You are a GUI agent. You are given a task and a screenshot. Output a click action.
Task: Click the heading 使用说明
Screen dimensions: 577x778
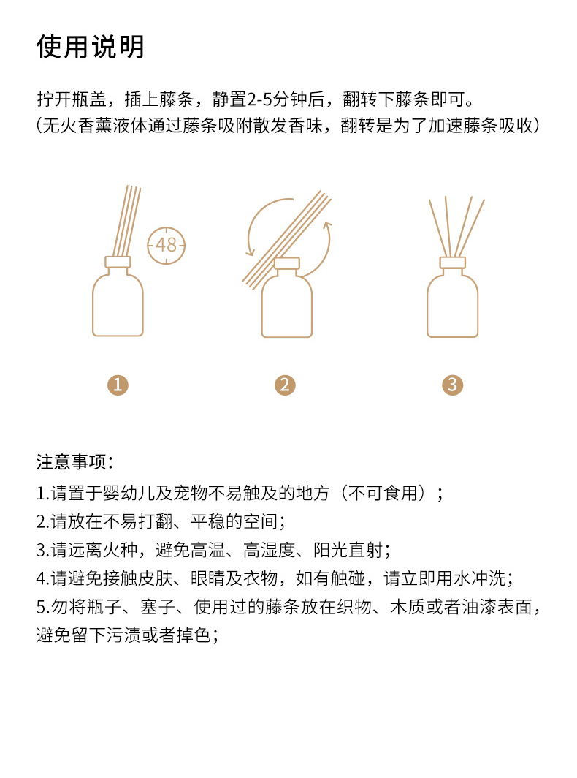[91, 47]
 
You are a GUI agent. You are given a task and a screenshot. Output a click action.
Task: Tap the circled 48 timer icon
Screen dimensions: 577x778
[166, 245]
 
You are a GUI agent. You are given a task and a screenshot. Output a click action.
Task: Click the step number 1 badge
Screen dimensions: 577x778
[118, 385]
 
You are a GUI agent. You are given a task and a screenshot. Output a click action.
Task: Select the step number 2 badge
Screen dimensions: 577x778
[285, 385]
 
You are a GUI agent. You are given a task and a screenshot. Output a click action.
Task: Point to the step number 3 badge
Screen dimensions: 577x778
[453, 385]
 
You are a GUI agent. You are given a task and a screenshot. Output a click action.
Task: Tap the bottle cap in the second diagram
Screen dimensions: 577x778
[288, 263]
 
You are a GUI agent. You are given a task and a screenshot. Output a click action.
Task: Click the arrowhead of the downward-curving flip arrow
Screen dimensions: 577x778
[251, 251]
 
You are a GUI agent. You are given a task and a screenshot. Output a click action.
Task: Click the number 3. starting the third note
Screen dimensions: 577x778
[43, 551]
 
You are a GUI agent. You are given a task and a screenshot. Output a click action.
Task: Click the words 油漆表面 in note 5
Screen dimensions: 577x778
[497, 607]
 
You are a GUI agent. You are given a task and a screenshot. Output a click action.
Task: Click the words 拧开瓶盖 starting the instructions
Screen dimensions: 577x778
[72, 99]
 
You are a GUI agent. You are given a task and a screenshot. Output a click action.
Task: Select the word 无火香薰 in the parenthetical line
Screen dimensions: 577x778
[77, 126]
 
